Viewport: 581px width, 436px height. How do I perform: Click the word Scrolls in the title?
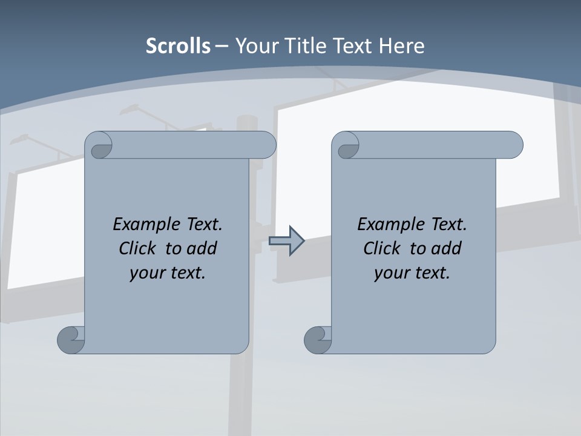(x=178, y=46)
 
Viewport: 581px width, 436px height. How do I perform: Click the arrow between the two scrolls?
(x=286, y=241)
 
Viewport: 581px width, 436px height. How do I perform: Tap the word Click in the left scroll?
(x=133, y=248)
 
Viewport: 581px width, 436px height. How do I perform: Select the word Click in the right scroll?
(x=377, y=248)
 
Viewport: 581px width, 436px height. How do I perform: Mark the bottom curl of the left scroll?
(x=71, y=340)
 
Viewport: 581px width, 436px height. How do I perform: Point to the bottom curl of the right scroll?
(x=318, y=340)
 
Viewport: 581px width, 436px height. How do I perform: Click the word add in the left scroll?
(x=202, y=248)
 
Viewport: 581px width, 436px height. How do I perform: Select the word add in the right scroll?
(x=447, y=248)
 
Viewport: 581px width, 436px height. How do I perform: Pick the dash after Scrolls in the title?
(x=222, y=46)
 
